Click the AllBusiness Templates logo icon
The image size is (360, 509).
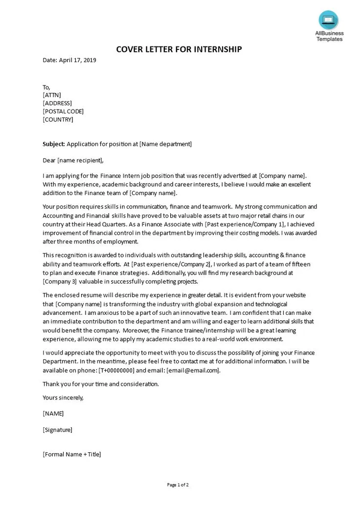(329, 20)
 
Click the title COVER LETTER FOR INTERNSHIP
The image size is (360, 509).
(179, 49)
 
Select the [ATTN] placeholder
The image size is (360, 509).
(52, 95)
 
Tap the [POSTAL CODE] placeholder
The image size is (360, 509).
(63, 111)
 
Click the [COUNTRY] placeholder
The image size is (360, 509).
(58, 119)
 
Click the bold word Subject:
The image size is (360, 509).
(54, 144)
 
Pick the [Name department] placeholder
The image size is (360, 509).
(165, 144)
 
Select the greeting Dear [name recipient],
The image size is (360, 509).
(73, 160)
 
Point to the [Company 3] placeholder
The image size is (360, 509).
(60, 281)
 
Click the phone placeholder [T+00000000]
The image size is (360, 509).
(116, 370)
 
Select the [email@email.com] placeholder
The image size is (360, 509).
(193, 370)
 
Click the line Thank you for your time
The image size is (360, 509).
(100, 384)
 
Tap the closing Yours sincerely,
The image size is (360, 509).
(63, 398)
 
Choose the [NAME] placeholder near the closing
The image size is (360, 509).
(53, 414)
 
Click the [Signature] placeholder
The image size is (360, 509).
(58, 430)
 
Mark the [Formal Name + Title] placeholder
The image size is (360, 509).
(72, 454)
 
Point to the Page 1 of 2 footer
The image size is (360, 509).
(178, 485)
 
